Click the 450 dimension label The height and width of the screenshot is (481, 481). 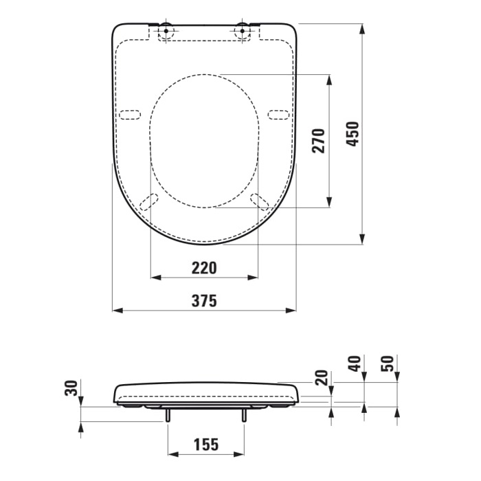click(352, 134)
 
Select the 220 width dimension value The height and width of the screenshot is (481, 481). click(204, 267)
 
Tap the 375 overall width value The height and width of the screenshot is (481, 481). click(204, 301)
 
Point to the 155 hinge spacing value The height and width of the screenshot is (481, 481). click(205, 445)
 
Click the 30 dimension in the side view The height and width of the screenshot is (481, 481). click(69, 388)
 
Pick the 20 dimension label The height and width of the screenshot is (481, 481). click(320, 379)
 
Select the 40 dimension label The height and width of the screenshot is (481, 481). click(353, 363)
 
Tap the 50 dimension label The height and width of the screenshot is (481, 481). click(387, 363)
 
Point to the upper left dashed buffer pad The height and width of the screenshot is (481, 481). click(130, 114)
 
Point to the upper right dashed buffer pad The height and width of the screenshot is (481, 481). click(278, 114)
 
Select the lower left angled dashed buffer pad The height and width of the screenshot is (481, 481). click(148, 201)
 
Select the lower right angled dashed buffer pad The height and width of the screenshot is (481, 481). click(260, 201)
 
